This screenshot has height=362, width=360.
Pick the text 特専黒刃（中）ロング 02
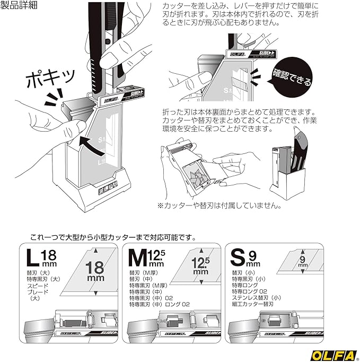159,305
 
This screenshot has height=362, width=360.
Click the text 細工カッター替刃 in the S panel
253,305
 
